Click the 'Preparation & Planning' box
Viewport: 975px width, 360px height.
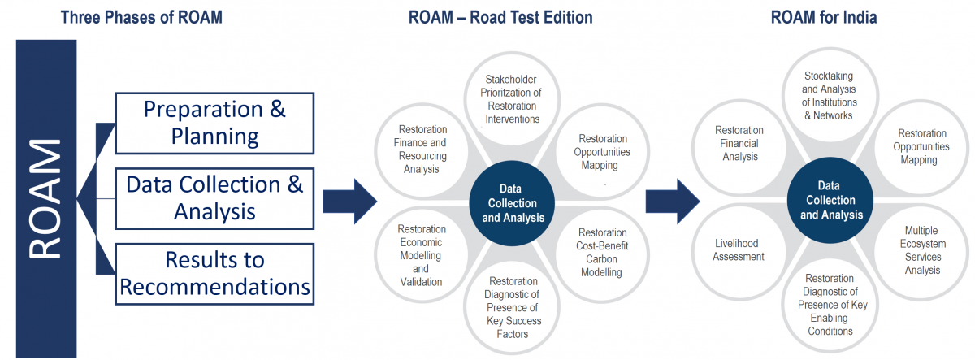214,123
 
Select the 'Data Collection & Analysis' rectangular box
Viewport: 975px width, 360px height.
214,197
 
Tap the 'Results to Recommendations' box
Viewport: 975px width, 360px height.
214,273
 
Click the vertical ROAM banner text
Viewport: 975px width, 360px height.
45,199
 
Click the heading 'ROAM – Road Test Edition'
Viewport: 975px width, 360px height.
500,17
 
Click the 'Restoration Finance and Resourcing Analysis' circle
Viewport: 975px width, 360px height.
421,150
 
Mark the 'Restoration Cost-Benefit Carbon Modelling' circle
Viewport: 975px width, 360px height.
602,253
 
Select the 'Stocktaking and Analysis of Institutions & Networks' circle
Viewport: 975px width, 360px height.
828,96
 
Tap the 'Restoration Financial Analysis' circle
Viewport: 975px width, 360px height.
739,144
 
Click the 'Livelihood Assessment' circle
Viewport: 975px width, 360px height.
739,249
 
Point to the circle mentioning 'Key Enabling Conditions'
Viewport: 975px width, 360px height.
830,305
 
